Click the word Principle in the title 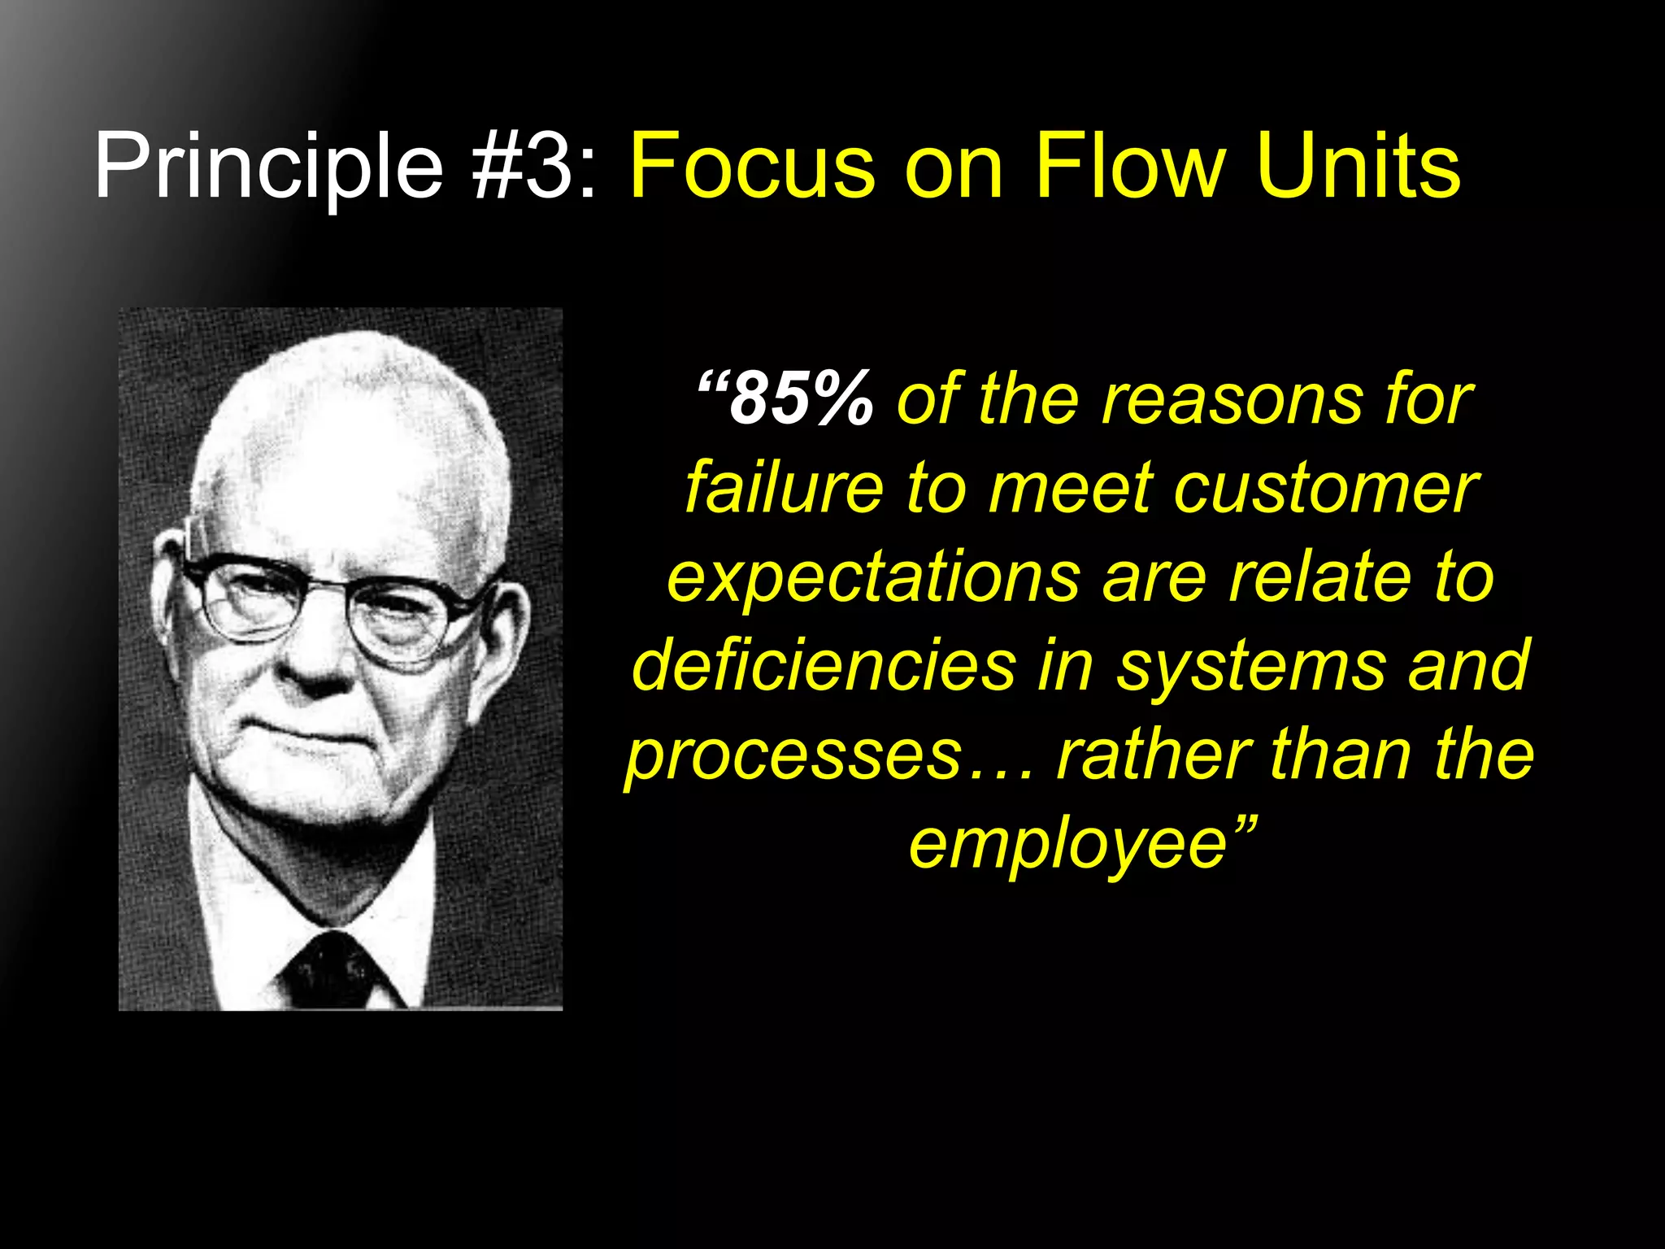tap(268, 167)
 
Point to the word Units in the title tap(1358, 167)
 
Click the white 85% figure tap(801, 398)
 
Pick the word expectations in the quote tap(873, 577)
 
